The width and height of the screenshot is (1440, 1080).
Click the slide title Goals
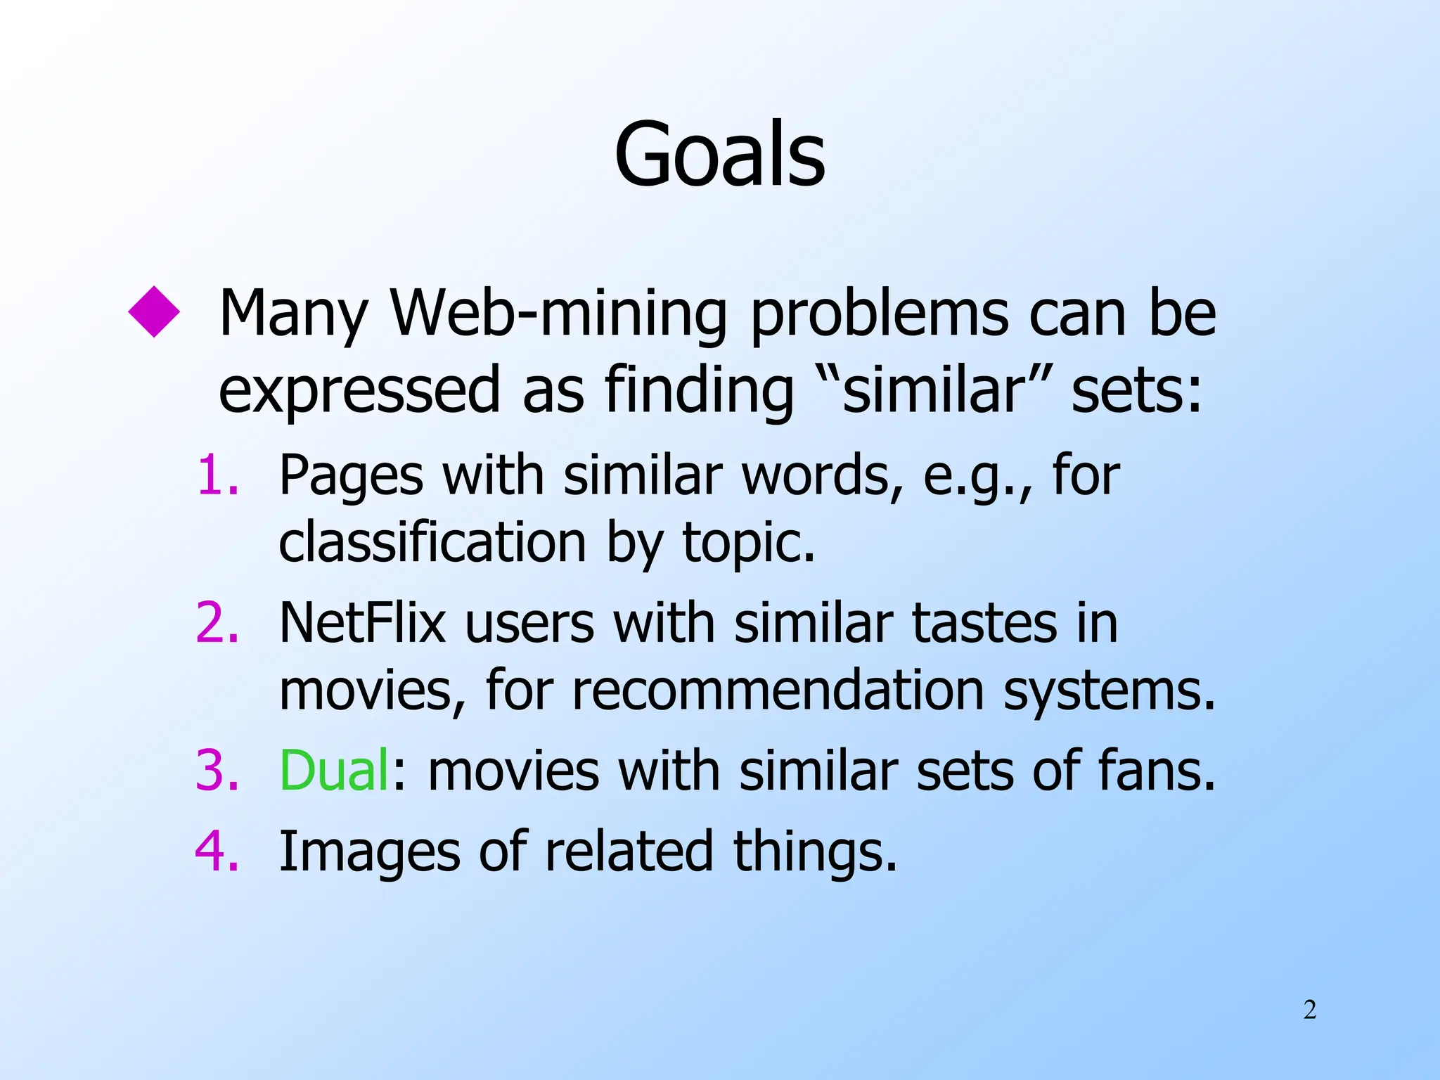click(719, 154)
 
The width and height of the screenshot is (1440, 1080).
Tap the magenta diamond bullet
click(154, 311)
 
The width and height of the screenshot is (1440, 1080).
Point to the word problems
click(878, 315)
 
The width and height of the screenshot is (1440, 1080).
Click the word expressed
click(359, 391)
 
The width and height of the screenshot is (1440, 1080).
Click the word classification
click(432, 543)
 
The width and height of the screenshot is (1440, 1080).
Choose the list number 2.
click(217, 623)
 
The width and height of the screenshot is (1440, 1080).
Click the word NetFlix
click(363, 623)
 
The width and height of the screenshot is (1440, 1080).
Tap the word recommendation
click(777, 690)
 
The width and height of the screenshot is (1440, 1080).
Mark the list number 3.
click(217, 771)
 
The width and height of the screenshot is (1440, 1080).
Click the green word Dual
click(334, 771)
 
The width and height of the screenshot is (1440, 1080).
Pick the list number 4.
click(217, 851)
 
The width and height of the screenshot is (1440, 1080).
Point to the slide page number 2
click(1310, 1010)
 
